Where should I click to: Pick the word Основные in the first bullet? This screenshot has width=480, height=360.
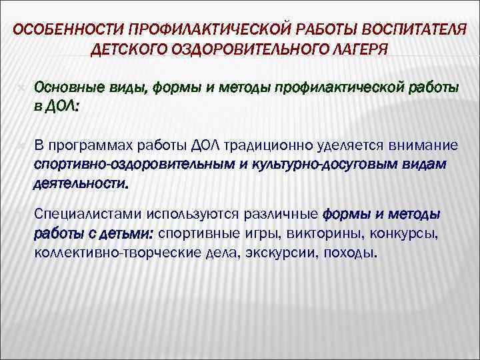coord(61,88)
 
